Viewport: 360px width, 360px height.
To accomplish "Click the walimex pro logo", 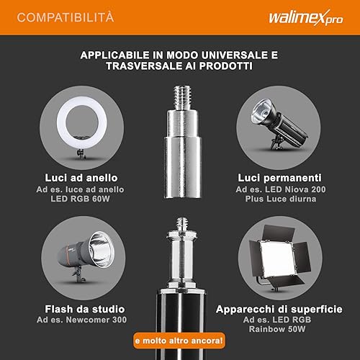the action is [x=306, y=18].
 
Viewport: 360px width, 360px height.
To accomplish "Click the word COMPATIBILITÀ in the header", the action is [x=66, y=17].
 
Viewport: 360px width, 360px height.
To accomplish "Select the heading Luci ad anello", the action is [x=81, y=178].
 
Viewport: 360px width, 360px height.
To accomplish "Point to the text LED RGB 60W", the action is [x=80, y=199].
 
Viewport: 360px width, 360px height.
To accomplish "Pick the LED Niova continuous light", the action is [x=279, y=124].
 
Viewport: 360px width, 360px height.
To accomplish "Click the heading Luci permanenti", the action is [x=279, y=178].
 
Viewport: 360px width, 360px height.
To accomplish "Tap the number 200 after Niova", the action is [x=318, y=189].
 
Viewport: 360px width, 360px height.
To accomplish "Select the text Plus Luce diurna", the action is [x=281, y=199].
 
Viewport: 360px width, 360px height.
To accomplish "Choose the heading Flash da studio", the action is [x=85, y=309].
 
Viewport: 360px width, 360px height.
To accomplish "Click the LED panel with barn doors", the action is [x=279, y=258].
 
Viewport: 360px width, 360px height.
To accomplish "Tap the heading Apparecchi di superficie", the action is [x=279, y=310].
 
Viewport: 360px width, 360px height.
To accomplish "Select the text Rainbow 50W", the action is [x=277, y=329].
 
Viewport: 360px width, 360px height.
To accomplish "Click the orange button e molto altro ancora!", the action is [x=179, y=341].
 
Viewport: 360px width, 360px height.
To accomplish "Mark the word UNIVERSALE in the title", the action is [x=235, y=55].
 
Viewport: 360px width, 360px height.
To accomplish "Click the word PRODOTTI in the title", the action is [x=226, y=66].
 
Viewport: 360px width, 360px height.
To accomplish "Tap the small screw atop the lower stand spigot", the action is [x=182, y=224].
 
